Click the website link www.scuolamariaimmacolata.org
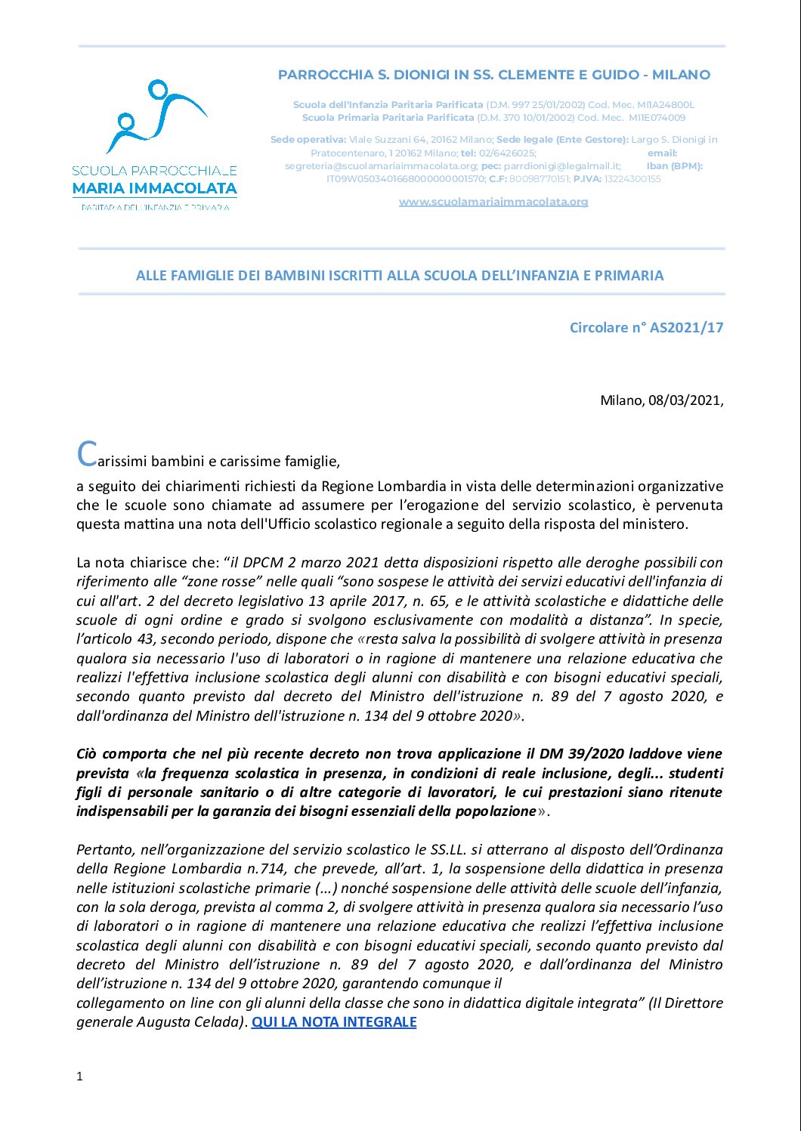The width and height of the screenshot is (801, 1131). (493, 202)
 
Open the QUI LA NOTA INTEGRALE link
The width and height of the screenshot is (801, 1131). (333, 1022)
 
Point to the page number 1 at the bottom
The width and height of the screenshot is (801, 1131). (79, 1077)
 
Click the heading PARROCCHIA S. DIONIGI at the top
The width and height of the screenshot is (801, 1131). (493, 75)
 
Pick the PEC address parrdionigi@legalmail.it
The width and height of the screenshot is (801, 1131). (561, 166)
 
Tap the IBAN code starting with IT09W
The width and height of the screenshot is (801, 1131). (405, 179)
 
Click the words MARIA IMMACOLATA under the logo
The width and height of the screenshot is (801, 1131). (155, 188)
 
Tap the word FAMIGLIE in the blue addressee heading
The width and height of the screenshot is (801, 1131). (203, 276)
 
